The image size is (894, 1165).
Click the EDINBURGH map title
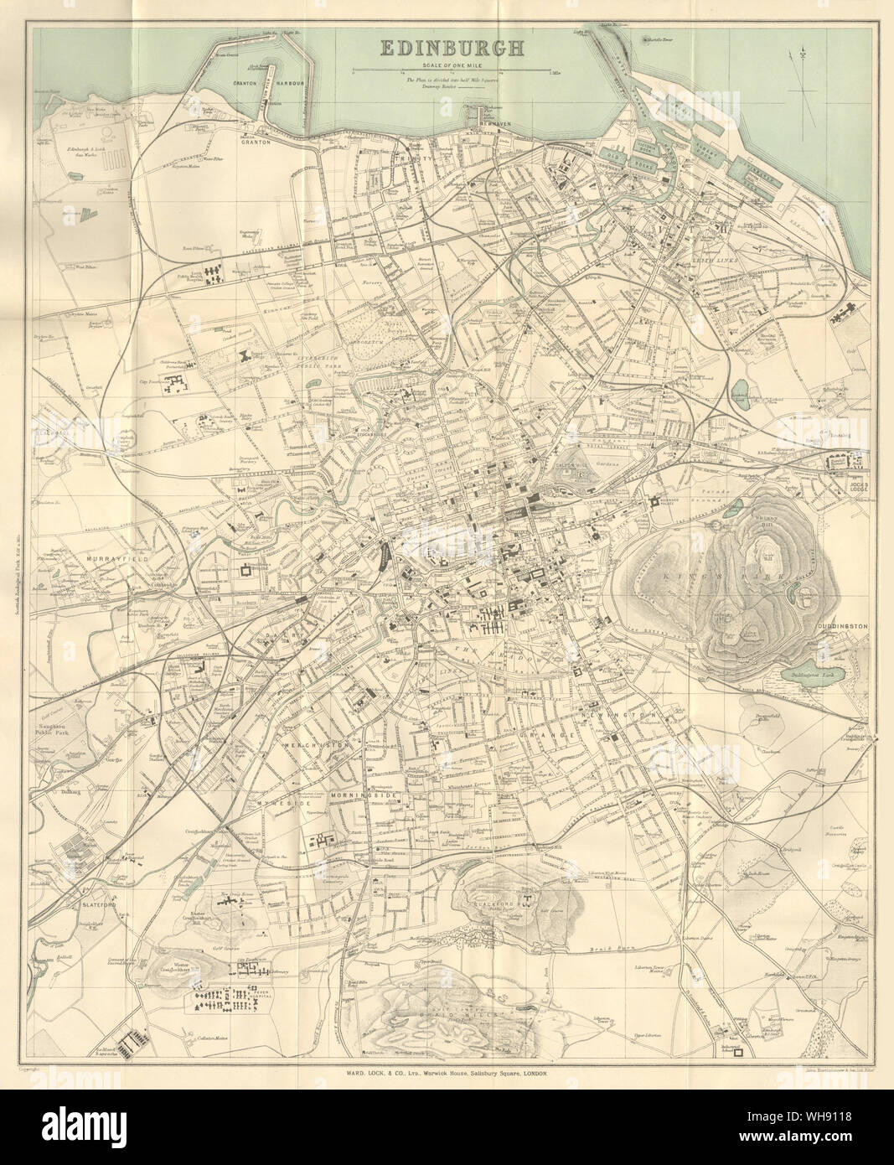tap(452, 48)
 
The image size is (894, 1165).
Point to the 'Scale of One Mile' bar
tap(452, 69)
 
